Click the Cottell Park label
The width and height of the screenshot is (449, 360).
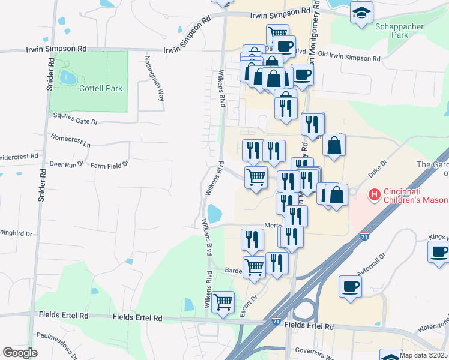coord(100,88)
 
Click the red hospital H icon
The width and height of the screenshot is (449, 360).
coord(375,194)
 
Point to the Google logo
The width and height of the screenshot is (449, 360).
coord(20,353)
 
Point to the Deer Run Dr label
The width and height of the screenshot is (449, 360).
coord(66,163)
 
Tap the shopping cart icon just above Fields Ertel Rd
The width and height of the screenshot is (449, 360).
coord(223,301)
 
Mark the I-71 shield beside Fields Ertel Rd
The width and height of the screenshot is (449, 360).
coord(276,322)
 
